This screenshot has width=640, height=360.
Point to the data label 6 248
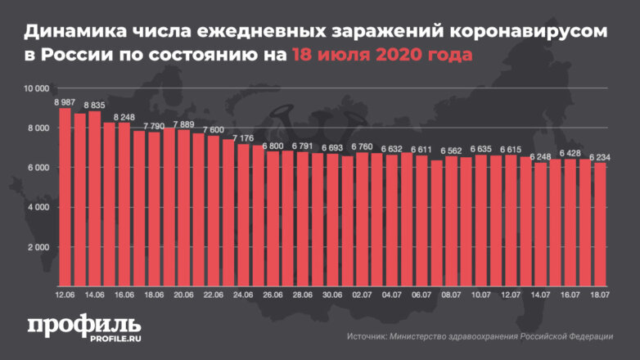(x=540, y=156)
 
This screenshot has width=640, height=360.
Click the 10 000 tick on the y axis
(x=37, y=88)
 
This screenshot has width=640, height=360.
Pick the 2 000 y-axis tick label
(x=38, y=247)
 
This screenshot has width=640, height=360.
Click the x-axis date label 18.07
(x=600, y=295)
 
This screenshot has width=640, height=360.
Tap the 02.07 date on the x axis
(x=362, y=295)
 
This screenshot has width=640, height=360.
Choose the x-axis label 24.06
(x=243, y=295)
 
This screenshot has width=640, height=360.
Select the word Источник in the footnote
(x=366, y=336)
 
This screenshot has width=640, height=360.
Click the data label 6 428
(x=570, y=153)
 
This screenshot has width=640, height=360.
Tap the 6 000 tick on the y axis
(x=38, y=168)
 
